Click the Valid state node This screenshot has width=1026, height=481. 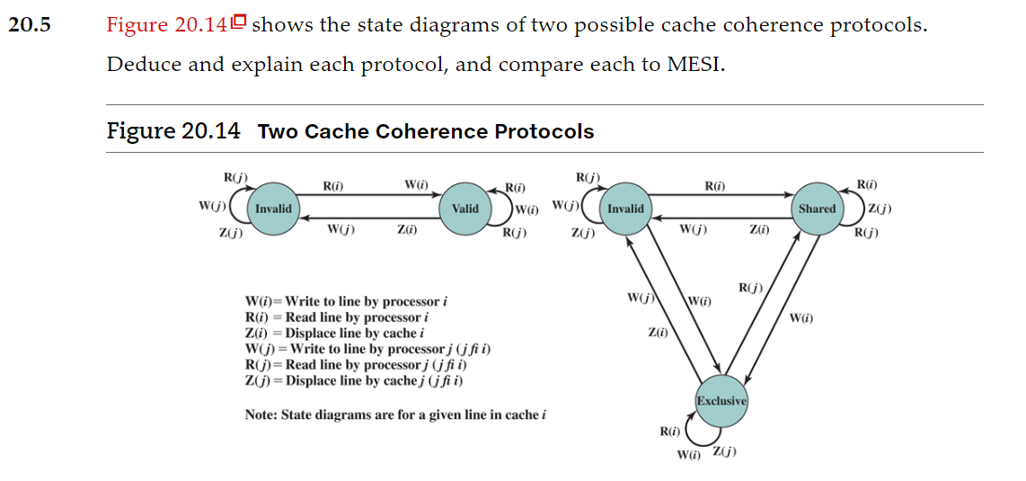click(464, 209)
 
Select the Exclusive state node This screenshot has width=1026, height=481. click(721, 400)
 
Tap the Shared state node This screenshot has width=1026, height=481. click(817, 209)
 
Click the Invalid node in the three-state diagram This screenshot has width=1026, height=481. click(625, 209)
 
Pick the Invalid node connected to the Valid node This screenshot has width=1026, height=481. click(273, 209)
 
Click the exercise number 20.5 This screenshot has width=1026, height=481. click(30, 25)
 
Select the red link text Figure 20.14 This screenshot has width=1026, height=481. click(166, 25)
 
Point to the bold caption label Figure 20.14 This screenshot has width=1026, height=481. click(173, 131)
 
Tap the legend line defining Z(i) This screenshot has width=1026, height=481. click(334, 334)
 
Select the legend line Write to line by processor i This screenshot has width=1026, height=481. click(345, 301)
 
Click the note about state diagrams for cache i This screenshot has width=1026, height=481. click(395, 414)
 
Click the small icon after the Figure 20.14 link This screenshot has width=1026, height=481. click(238, 23)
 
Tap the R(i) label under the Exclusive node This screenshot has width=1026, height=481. click(668, 432)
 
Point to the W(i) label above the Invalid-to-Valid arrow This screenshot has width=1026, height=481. click(416, 185)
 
